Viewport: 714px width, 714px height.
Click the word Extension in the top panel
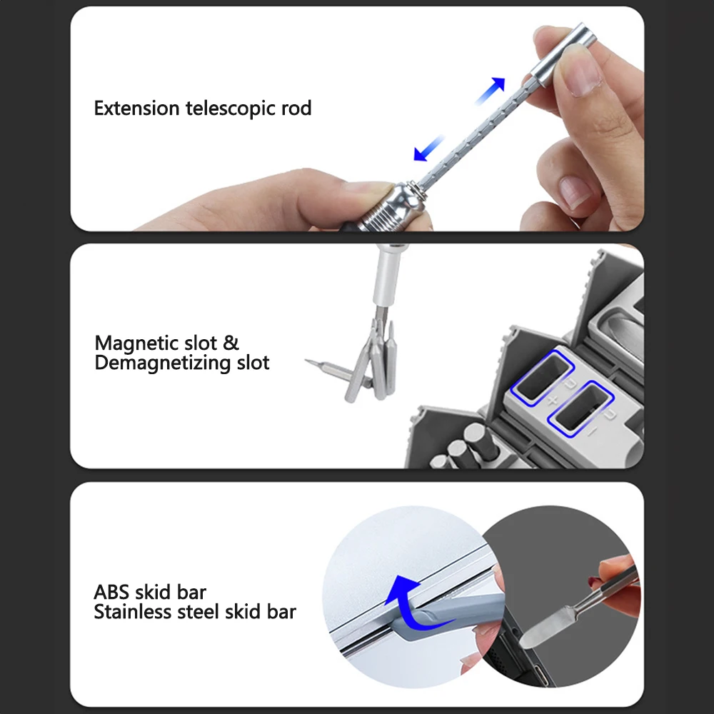tap(136, 109)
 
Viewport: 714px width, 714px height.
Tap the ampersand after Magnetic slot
tap(231, 343)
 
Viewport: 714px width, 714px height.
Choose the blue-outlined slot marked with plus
tap(545, 376)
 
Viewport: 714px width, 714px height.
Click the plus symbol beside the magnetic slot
tap(551, 401)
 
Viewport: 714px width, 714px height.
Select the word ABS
tap(112, 592)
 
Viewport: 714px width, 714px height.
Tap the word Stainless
tap(133, 612)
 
